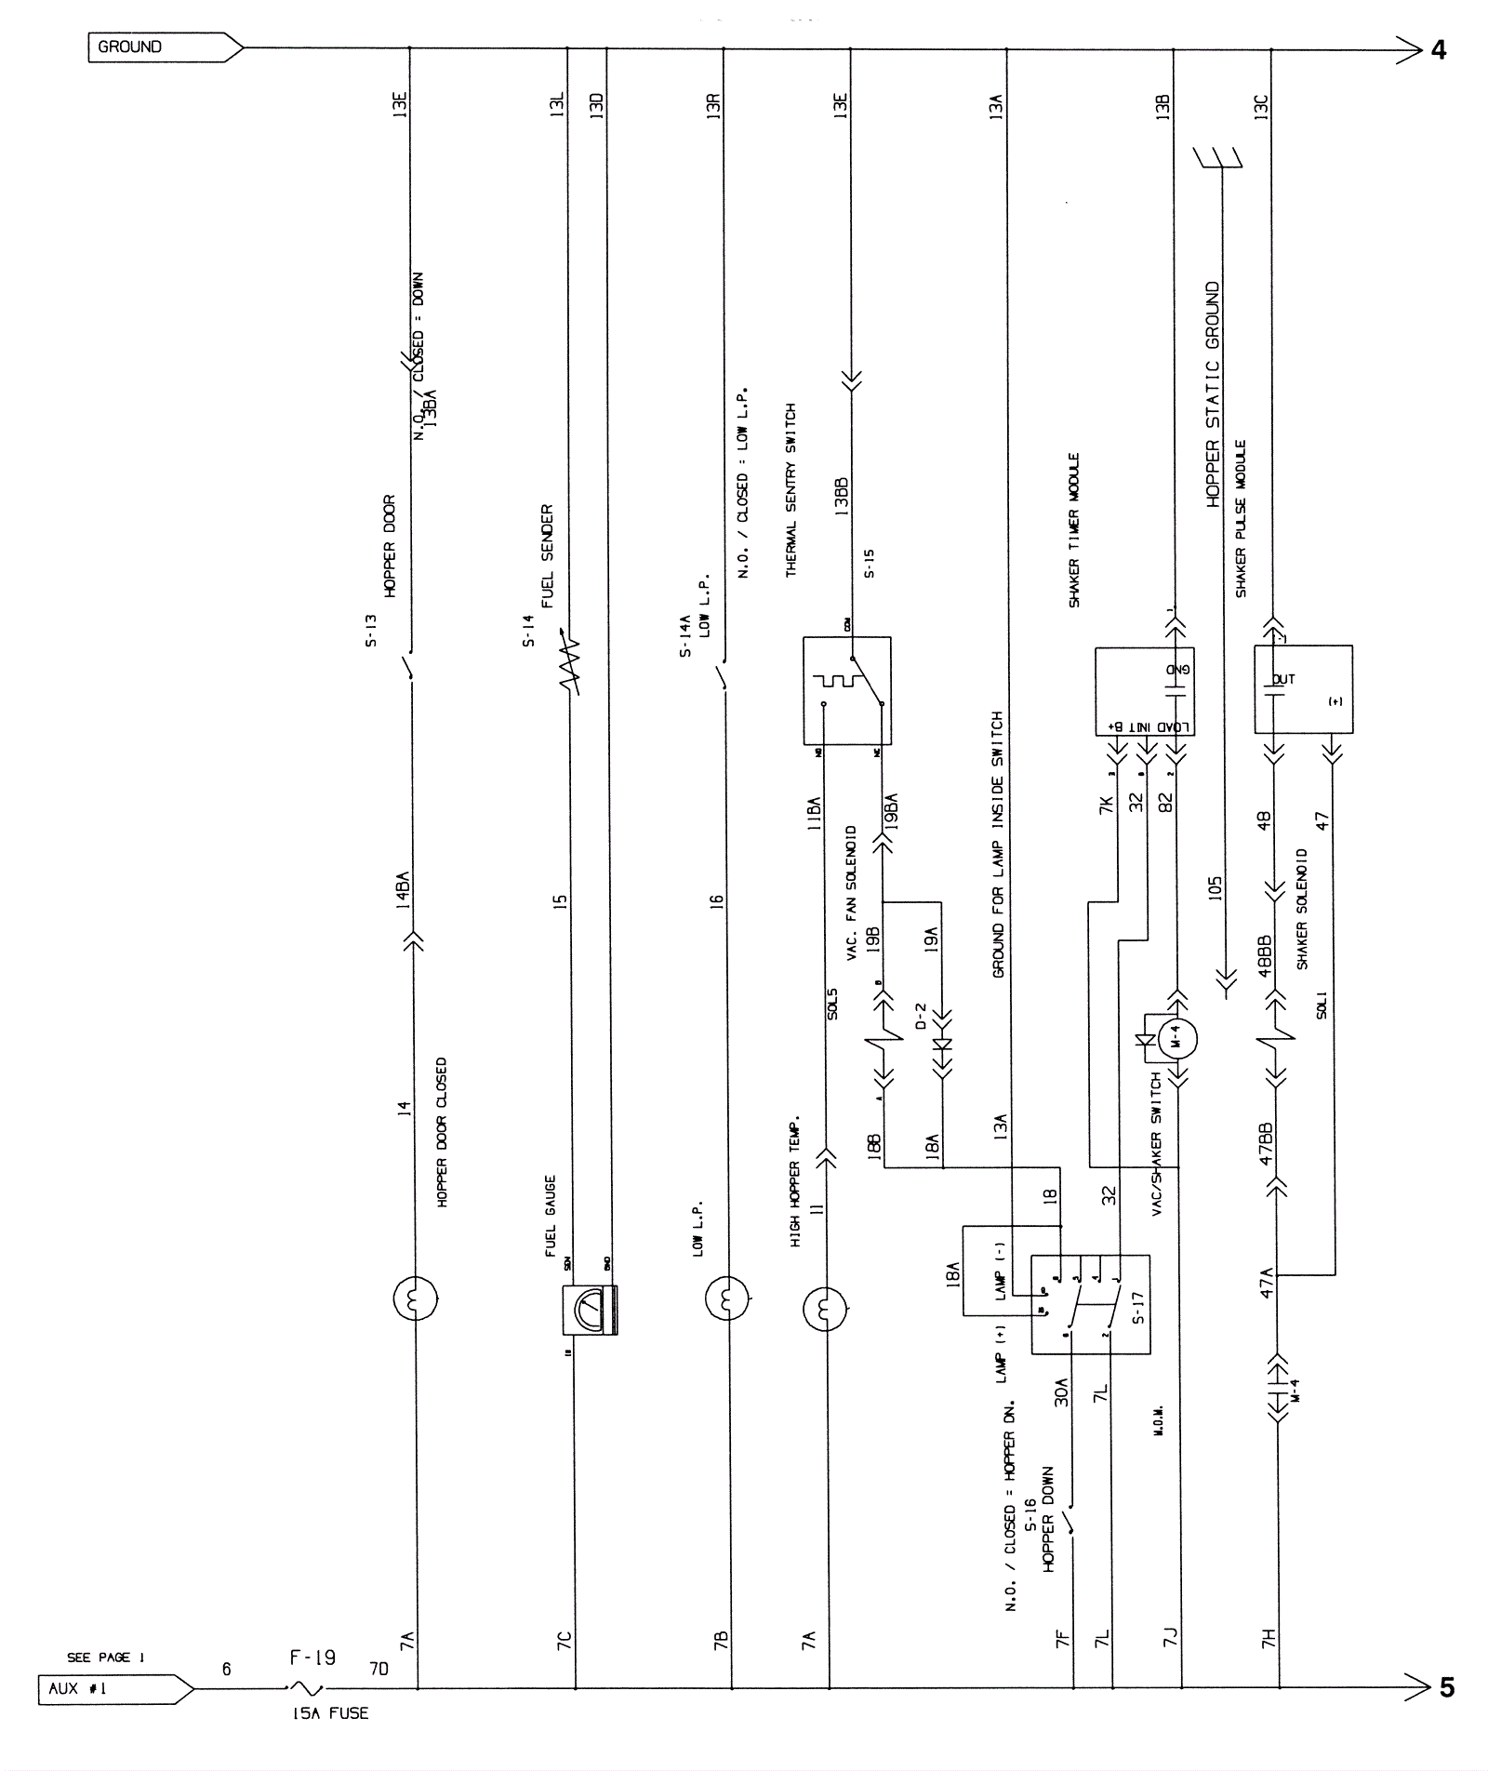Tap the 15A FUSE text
tap(330, 1713)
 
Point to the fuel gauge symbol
tap(589, 1310)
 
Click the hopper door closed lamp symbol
tap(415, 1298)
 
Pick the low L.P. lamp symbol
tap(727, 1298)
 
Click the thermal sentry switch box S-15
tap(846, 690)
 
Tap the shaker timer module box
tap(1144, 691)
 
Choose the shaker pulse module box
tap(1304, 689)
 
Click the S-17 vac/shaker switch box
tap(1090, 1304)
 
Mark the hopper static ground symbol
tap(1218, 158)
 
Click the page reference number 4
tap(1439, 50)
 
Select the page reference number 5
tap(1447, 1687)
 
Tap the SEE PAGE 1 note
tap(105, 1657)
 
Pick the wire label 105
tap(1215, 888)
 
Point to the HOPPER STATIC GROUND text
tap(1213, 394)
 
